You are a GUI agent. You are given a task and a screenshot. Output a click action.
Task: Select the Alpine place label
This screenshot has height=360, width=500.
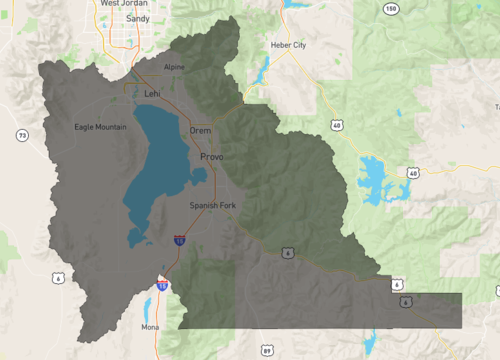[x=175, y=67]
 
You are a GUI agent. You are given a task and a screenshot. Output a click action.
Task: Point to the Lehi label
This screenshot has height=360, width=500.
[x=152, y=93]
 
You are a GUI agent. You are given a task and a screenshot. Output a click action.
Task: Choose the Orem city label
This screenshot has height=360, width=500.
[x=200, y=131]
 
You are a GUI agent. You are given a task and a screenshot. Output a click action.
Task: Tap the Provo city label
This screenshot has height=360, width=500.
[x=212, y=158]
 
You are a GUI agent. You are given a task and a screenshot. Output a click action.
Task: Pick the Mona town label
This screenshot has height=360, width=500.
[x=150, y=326]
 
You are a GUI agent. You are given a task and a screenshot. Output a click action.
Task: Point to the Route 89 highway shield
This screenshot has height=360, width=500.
[x=266, y=351]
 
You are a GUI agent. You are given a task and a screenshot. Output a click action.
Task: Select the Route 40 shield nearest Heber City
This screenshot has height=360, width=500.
[x=338, y=125]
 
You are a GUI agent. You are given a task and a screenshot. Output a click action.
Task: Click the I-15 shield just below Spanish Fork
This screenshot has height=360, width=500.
[x=179, y=240]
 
